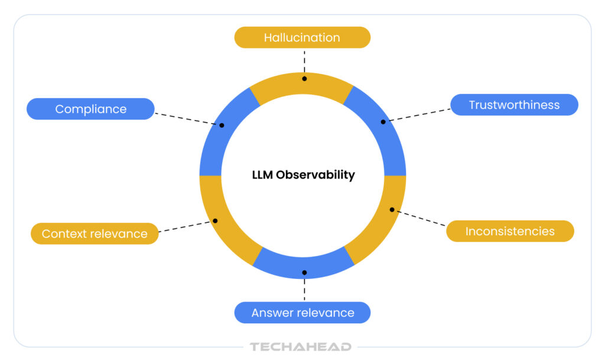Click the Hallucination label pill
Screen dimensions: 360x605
302,38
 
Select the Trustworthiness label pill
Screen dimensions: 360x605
514,105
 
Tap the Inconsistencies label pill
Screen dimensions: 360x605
510,231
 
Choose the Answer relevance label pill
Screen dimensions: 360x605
302,313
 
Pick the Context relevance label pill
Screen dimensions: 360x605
95,233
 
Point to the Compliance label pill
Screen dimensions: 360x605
90,109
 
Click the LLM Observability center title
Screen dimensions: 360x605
303,175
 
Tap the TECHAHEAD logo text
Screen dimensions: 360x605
300,347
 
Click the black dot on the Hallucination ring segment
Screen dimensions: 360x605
304,78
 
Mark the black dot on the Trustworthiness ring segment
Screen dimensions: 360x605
383,122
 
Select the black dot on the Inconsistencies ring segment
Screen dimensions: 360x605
392,209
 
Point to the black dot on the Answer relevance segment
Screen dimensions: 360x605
304,273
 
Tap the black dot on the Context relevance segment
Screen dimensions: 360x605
215,220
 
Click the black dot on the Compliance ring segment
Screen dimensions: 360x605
222,125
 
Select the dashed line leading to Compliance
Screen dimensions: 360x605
186,118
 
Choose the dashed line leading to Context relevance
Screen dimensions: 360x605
186,227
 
